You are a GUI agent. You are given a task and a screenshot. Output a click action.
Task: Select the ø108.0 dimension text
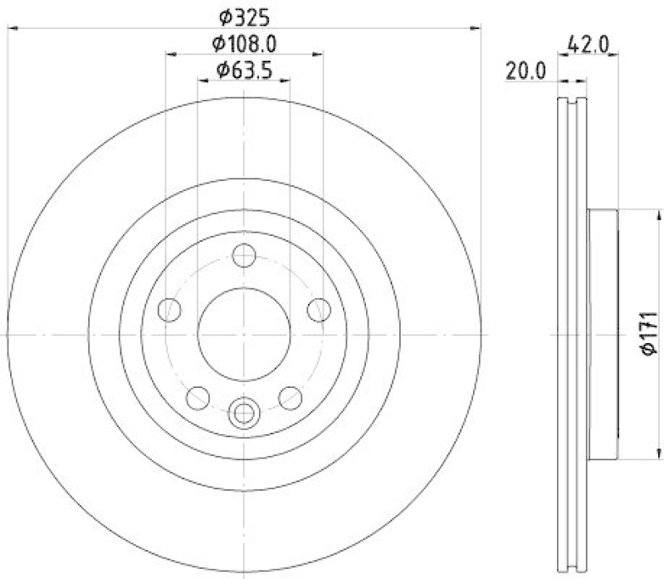[245, 42]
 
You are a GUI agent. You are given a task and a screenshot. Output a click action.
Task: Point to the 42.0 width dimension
[589, 43]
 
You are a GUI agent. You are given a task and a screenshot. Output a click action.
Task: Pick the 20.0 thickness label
[525, 71]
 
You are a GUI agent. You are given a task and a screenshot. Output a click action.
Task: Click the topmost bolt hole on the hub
[244, 255]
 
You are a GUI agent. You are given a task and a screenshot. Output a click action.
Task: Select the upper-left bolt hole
[170, 310]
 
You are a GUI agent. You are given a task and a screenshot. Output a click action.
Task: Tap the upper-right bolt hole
[318, 310]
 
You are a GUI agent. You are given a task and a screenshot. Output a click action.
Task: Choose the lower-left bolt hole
[198, 397]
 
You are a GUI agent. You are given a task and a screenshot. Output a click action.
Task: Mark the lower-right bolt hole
[290, 397]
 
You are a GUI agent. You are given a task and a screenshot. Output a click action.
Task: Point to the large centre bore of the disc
[244, 332]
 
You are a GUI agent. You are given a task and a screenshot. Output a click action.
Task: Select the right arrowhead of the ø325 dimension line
[476, 28]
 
